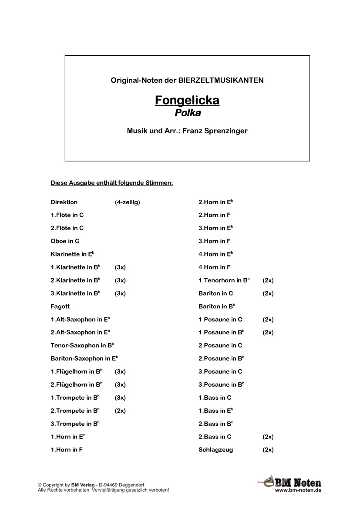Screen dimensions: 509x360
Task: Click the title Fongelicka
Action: pyautogui.click(x=187, y=101)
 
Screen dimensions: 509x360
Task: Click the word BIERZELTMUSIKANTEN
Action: pyautogui.click(x=221, y=80)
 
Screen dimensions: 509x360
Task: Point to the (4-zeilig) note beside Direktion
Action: pyautogui.click(x=127, y=202)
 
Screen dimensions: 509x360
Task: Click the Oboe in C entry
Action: pyautogui.click(x=65, y=241)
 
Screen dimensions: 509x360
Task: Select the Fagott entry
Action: pyautogui.click(x=60, y=307)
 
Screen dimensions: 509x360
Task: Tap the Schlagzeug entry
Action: pyautogui.click(x=215, y=450)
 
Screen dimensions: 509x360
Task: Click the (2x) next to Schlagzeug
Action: pyautogui.click(x=268, y=450)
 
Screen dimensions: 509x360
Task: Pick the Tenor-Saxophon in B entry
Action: pyautogui.click(x=82, y=345)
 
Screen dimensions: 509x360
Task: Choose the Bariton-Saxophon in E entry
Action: pyautogui.click(x=84, y=358)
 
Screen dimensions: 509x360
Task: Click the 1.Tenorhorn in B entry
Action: pyautogui.click(x=224, y=280)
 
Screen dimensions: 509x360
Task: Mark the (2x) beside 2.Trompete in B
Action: pyautogui.click(x=120, y=411)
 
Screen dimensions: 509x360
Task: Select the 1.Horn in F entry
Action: pyautogui.click(x=67, y=450)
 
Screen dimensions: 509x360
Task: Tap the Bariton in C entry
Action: pyautogui.click(x=215, y=293)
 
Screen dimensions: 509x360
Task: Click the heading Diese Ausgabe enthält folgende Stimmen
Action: pyautogui.click(x=112, y=183)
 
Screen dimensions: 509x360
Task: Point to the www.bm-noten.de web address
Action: pyautogui.click(x=298, y=490)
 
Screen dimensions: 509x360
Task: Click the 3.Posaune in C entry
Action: pyautogui.click(x=220, y=371)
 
